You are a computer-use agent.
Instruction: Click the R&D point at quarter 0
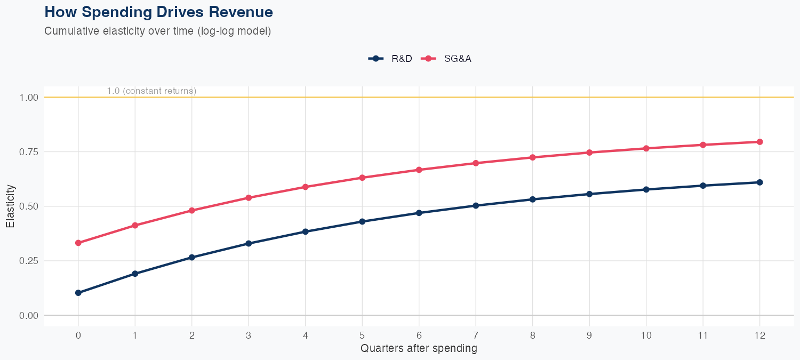tap(78, 293)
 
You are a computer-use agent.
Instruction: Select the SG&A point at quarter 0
tap(78, 243)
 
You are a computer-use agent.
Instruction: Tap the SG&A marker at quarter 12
tap(759, 142)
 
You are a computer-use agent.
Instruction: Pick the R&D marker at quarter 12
tap(759, 182)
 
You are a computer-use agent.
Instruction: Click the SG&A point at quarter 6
tap(419, 170)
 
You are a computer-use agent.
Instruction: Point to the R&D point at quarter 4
tap(305, 231)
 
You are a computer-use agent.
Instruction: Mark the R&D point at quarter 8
tap(532, 199)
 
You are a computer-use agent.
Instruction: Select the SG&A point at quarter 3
tap(249, 198)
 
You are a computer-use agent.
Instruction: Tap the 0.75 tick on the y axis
tap(30, 152)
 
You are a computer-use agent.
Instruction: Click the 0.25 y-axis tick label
tap(30, 261)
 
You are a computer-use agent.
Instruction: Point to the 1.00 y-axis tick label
tap(30, 98)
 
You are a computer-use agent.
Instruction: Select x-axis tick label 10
tap(646, 335)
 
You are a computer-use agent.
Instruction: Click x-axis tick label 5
tap(362, 335)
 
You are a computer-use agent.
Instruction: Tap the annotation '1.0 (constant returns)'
tap(151, 91)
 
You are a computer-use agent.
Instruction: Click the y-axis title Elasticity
tap(10, 206)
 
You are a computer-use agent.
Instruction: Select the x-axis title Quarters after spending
tap(419, 349)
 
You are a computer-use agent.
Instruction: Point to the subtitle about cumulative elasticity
tap(158, 31)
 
